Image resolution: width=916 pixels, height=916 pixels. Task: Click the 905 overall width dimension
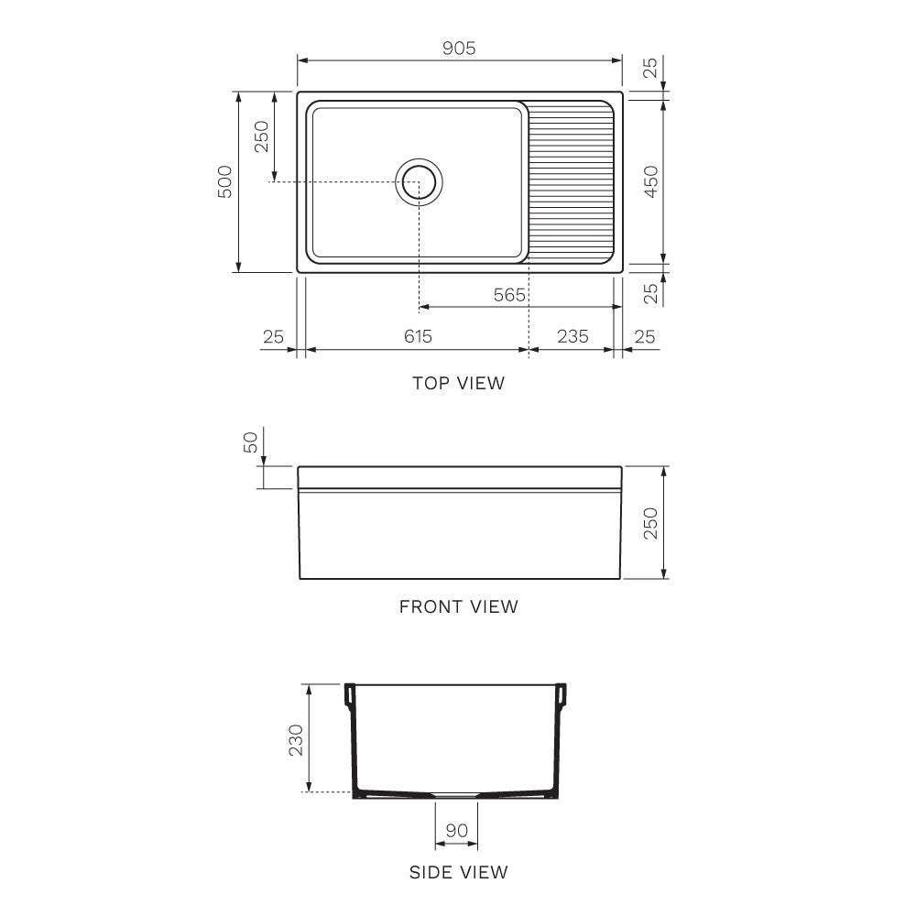459,49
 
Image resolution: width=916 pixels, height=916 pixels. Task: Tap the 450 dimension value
650,181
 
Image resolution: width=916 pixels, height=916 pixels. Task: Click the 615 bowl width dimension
417,336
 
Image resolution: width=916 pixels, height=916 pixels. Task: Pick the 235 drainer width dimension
572,336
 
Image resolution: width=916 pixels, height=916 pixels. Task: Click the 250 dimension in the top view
261,137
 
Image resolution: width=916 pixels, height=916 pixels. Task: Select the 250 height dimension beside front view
650,523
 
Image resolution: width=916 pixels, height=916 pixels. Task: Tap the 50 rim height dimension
250,444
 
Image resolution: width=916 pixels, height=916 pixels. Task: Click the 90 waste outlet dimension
456,831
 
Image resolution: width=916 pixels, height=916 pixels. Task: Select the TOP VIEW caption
458,383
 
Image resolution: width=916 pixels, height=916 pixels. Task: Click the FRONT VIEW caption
458,606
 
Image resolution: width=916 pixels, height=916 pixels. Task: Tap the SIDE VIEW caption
458,872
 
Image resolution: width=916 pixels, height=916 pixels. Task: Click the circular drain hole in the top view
419,181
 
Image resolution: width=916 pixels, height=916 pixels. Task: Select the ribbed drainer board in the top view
572,181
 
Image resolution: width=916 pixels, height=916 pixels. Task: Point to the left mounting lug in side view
349,696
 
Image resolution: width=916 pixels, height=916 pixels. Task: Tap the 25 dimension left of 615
273,336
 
